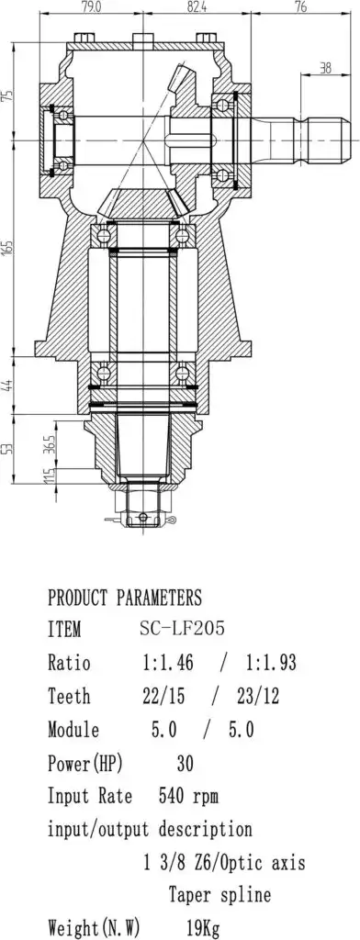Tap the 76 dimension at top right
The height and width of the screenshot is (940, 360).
[302, 7]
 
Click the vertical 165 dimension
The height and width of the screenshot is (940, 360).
[7, 248]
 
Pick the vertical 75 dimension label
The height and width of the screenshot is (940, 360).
[7, 95]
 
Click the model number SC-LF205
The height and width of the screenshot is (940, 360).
[182, 629]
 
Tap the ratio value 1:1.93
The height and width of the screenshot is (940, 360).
[271, 663]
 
